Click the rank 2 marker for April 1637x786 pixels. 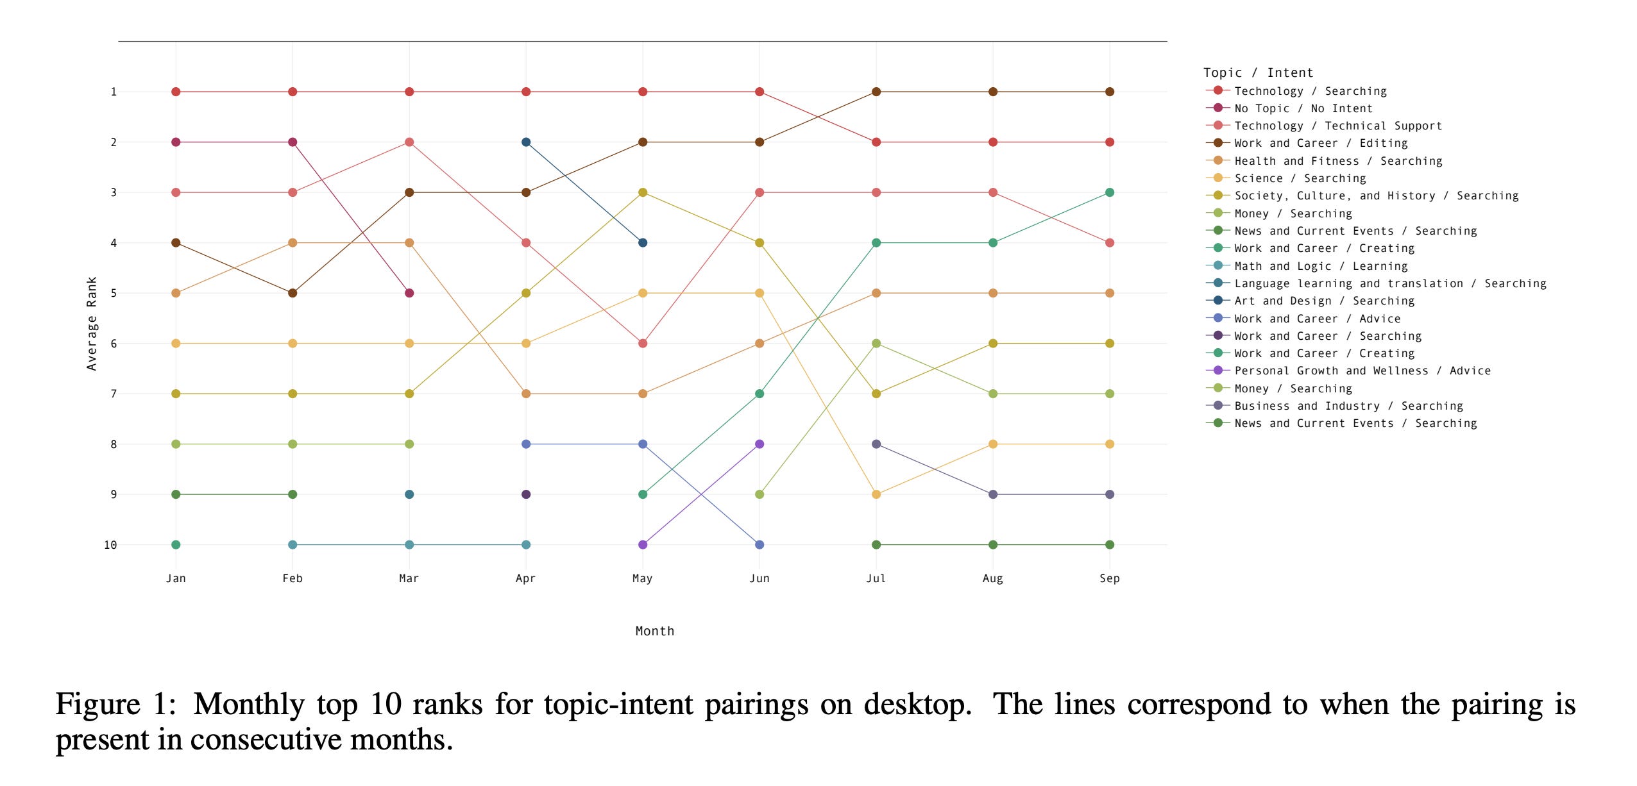(526, 142)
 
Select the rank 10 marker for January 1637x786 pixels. (176, 545)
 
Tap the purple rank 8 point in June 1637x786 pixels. (759, 444)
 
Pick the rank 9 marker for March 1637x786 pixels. (409, 494)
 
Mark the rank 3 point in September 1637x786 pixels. (1110, 192)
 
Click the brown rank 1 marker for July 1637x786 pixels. (876, 92)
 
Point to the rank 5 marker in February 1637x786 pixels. (293, 293)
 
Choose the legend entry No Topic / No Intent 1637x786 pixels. (1303, 108)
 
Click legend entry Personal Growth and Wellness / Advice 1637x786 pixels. (1362, 371)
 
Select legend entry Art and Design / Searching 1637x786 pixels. (1323, 301)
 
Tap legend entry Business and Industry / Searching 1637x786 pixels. (1348, 406)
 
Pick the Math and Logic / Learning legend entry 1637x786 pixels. (1320, 266)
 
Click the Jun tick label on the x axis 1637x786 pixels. (759, 578)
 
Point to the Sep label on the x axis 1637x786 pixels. (1110, 578)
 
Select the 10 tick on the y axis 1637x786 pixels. (110, 545)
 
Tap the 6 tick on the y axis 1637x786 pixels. (114, 344)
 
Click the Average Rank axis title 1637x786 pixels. (92, 324)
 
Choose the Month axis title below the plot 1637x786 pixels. (655, 631)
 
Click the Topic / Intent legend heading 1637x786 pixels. (1258, 72)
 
